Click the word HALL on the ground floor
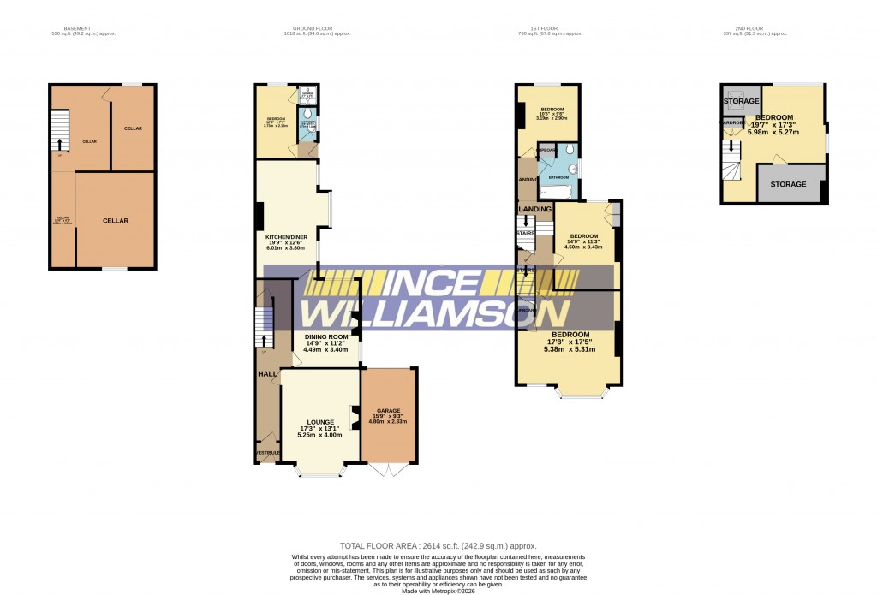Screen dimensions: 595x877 click(x=267, y=374)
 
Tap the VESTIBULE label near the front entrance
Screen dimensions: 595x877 click(x=266, y=453)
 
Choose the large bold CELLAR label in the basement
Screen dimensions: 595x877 click(x=116, y=221)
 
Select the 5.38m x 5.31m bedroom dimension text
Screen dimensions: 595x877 click(x=570, y=349)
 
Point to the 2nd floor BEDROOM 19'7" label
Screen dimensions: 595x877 click(x=773, y=117)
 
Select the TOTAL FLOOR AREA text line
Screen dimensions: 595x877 click(x=438, y=545)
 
